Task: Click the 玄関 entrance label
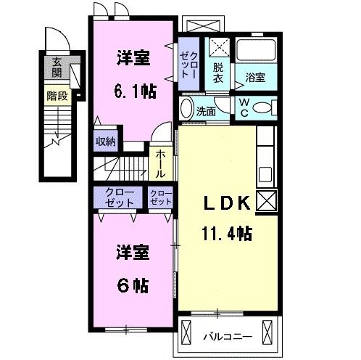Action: (56, 70)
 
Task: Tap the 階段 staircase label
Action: (56, 95)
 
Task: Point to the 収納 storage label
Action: (106, 142)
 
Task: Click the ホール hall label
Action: (160, 163)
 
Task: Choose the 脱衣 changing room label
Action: (218, 73)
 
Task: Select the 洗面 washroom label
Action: (207, 112)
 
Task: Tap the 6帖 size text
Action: (133, 285)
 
